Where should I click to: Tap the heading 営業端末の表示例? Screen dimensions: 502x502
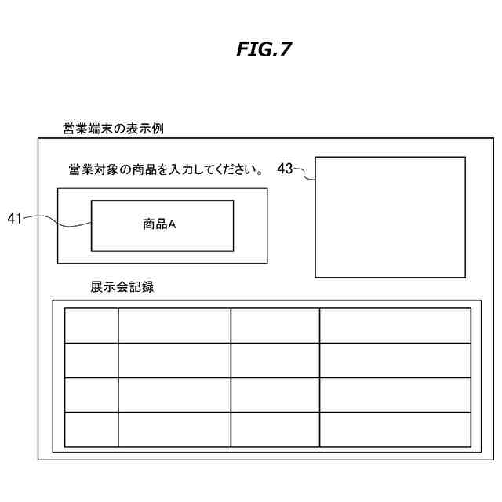[x=112, y=128]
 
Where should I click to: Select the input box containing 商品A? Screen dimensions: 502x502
[x=162, y=224]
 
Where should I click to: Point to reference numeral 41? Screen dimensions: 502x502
[x=15, y=219]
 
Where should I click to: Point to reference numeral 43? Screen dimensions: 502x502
[x=286, y=168]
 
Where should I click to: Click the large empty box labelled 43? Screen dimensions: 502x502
[x=390, y=217]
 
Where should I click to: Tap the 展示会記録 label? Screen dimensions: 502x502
[x=122, y=287]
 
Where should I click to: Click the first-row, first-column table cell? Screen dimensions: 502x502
[x=91, y=326]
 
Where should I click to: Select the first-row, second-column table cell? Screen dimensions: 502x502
[x=174, y=326]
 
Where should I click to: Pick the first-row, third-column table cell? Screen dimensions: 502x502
[x=275, y=326]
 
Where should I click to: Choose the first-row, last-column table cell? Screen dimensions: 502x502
[x=395, y=326]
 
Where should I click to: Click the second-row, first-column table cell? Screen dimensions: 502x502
[x=91, y=360]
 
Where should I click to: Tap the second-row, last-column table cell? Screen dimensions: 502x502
[x=395, y=360]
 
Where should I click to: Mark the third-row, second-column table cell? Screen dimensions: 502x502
[x=174, y=395]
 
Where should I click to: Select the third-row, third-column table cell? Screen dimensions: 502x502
[x=275, y=395]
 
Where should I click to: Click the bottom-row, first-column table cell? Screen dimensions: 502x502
[x=91, y=429]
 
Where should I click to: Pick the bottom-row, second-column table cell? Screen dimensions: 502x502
[x=174, y=429]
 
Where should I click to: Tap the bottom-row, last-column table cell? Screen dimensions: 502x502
[x=395, y=429]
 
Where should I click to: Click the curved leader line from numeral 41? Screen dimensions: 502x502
[x=59, y=226]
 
